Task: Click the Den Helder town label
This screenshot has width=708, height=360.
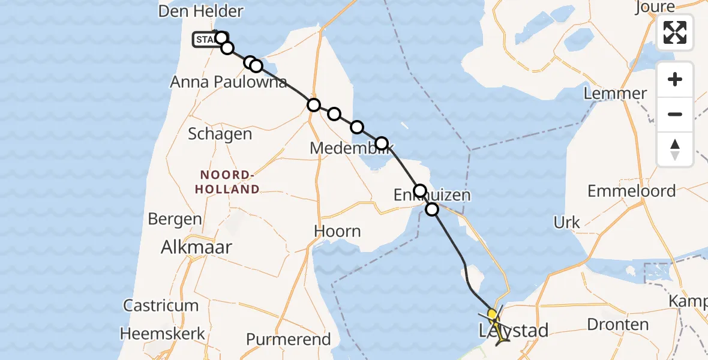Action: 200,11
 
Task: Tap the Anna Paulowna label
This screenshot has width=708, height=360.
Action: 229,82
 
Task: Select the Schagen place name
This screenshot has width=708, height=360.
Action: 220,134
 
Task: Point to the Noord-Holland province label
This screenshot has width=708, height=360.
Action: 230,182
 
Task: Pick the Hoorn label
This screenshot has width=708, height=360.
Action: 338,232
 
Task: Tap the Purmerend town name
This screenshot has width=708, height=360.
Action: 289,340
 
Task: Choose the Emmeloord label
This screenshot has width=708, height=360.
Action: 631,191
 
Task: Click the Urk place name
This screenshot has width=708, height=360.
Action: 566,223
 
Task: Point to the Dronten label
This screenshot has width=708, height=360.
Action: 617,325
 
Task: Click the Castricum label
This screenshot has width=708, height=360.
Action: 161,305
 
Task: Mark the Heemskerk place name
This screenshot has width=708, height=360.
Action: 163,334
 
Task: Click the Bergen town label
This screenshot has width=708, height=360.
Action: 174,219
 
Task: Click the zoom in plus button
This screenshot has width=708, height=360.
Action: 675,79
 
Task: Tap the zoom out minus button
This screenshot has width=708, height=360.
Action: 675,114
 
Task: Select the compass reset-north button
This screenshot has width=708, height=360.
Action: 675,149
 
